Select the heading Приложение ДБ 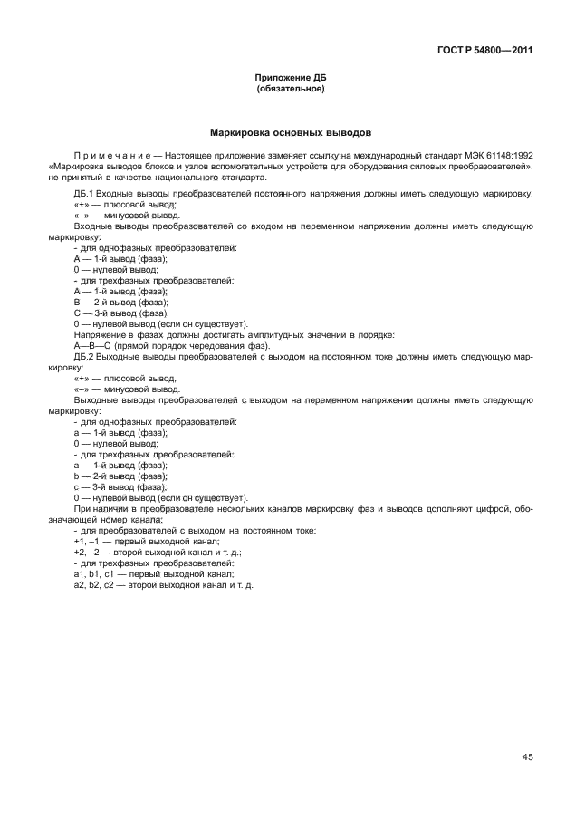291,79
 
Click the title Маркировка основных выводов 291,132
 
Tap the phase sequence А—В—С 91,347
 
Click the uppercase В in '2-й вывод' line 77,303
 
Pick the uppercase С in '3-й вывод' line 77,314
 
